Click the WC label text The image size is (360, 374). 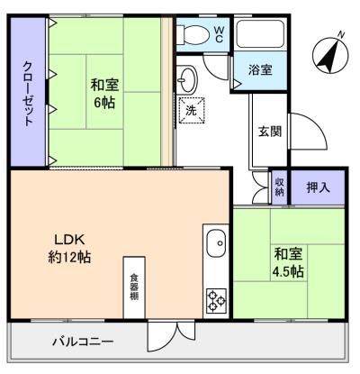click(x=220, y=34)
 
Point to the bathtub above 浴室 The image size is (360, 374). click(x=261, y=37)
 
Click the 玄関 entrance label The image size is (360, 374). click(x=269, y=132)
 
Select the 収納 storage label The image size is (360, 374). click(x=280, y=187)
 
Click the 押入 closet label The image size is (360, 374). click(x=319, y=187)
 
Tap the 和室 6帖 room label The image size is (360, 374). click(x=105, y=94)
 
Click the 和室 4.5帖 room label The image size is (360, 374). click(x=288, y=262)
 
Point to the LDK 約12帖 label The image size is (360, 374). click(x=69, y=248)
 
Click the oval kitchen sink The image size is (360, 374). click(x=215, y=242)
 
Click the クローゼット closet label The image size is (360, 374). click(x=29, y=95)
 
